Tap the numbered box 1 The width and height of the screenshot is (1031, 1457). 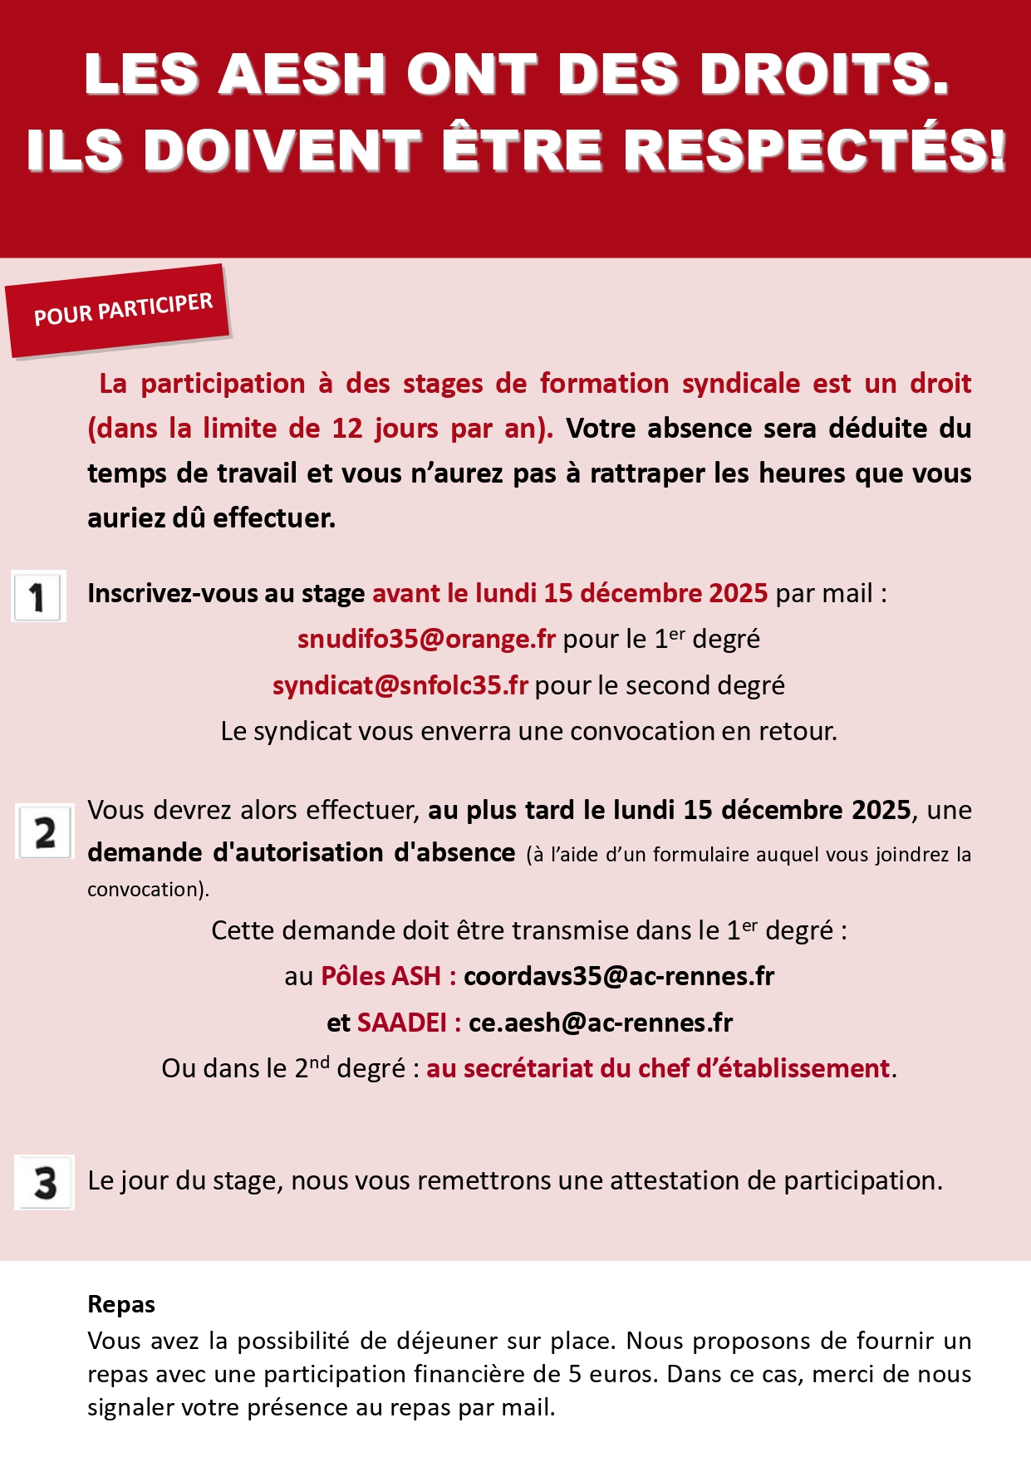point(38,596)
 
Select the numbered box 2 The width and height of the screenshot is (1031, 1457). point(45,832)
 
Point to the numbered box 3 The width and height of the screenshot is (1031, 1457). point(45,1182)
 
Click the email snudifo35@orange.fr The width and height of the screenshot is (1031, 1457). point(426,639)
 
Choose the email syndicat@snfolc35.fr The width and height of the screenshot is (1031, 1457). point(400,685)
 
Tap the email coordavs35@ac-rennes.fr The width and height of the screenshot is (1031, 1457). point(619,976)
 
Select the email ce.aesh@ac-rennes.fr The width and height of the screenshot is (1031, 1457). point(601,1023)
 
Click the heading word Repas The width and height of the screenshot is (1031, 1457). point(121,1304)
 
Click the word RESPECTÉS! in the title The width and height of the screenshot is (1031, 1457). point(815,150)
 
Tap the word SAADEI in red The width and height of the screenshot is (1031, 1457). point(402,1023)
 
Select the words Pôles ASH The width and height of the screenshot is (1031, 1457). point(380,976)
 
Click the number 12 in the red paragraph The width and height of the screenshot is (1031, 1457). point(347,429)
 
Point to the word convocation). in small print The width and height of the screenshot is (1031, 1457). point(148,890)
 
